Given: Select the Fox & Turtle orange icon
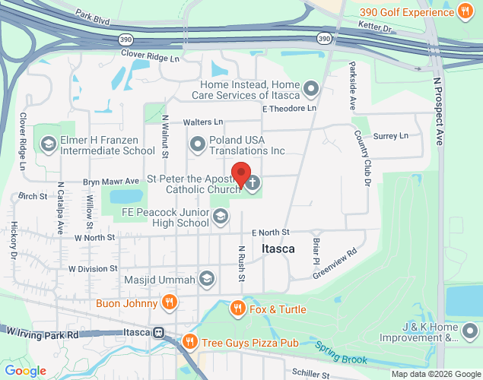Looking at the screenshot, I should [237, 308].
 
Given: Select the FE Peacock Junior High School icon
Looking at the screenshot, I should [220, 217].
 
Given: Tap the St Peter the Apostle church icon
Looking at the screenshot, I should [253, 182].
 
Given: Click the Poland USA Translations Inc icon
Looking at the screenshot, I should [197, 143].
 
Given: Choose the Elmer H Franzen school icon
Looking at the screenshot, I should [48, 144].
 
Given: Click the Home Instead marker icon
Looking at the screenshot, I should [310, 90].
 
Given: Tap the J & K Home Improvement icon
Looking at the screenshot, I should [470, 331].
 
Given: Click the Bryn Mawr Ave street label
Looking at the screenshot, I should [111, 181].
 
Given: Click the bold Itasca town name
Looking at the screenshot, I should [278, 249].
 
